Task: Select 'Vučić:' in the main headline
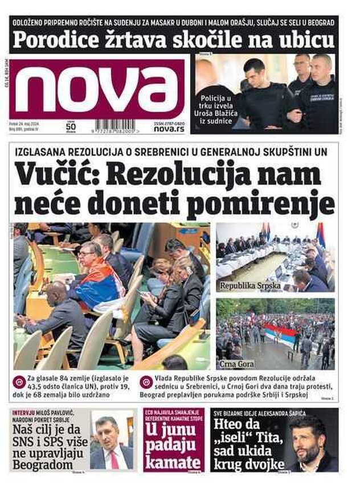[56, 174]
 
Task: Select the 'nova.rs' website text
[169, 129]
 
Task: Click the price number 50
[71, 126]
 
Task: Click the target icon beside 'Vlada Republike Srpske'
[146, 382]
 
